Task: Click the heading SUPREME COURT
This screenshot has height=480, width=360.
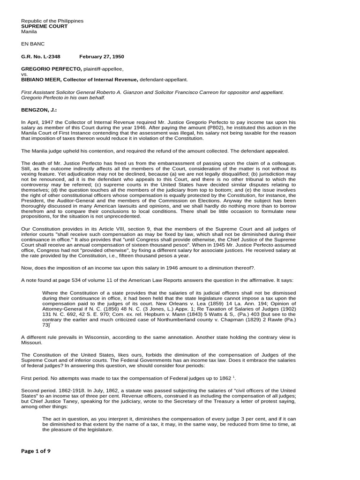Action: (x=45, y=26)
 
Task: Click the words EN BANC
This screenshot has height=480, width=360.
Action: (x=33, y=44)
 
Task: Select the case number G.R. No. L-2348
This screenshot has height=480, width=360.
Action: (x=41, y=57)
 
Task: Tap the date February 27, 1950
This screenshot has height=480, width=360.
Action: (x=102, y=57)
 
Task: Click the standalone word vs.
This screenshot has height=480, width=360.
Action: (x=25, y=75)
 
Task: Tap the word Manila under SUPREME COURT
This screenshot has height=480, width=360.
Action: (x=29, y=31)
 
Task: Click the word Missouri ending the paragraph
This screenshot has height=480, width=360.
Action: (x=32, y=343)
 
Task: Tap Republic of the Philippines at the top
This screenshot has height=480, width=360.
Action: (x=52, y=21)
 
